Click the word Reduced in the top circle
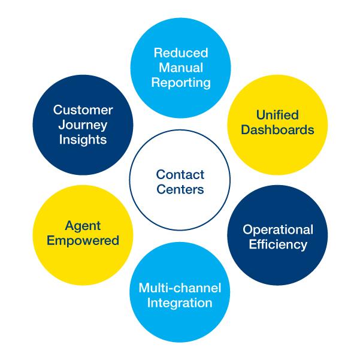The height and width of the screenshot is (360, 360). tap(181, 53)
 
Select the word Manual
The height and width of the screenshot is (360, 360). tap(181, 68)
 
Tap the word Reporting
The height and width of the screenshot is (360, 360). tap(181, 83)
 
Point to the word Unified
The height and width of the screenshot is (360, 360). tap(277, 115)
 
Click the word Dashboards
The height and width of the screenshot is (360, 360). tap(277, 130)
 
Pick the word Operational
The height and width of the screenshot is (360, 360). tap(278, 230)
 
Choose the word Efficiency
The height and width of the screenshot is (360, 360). tap(278, 245)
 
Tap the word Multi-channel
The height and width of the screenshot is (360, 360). tap(180, 288)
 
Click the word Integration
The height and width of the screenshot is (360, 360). tap(180, 303)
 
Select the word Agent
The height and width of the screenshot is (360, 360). tap(83, 226)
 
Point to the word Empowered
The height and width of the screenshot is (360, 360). tap(83, 241)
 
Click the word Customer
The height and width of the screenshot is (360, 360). tap(83, 110)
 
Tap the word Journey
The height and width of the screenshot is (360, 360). tap(83, 125)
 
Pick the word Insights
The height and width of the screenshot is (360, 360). tap(83, 140)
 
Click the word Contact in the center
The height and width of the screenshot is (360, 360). tap(180, 174)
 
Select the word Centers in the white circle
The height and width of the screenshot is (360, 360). tap(180, 189)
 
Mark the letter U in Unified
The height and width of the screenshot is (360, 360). tap(261, 115)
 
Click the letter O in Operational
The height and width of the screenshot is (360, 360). tap(248, 229)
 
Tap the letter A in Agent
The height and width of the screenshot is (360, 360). tap(70, 225)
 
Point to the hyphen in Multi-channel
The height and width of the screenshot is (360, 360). tap(169, 289)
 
